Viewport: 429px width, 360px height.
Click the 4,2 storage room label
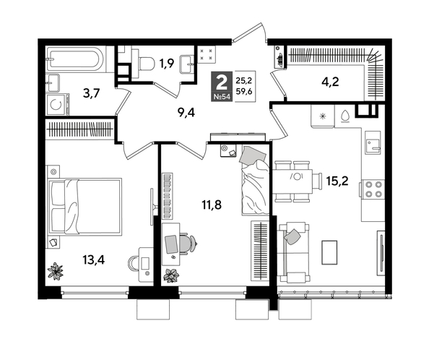coord(330,81)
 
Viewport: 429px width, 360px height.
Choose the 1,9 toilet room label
coord(166,64)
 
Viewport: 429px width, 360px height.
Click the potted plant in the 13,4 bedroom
coord(56,271)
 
